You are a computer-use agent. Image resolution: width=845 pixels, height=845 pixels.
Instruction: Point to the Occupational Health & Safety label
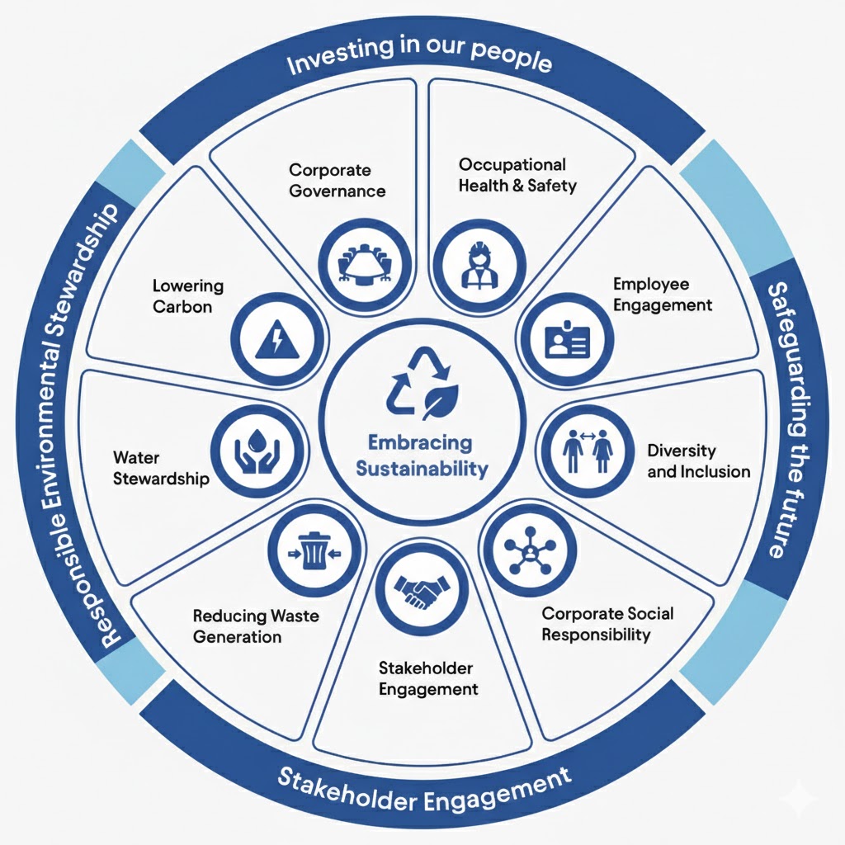coord(517,175)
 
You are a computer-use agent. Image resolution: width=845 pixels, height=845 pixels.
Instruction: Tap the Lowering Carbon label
coord(187,296)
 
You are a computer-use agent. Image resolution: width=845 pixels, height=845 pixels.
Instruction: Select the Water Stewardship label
coord(161,468)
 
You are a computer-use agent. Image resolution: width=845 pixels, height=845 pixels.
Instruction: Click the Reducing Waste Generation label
coord(255,626)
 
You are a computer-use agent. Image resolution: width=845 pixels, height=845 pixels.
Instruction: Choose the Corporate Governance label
coord(337,180)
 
